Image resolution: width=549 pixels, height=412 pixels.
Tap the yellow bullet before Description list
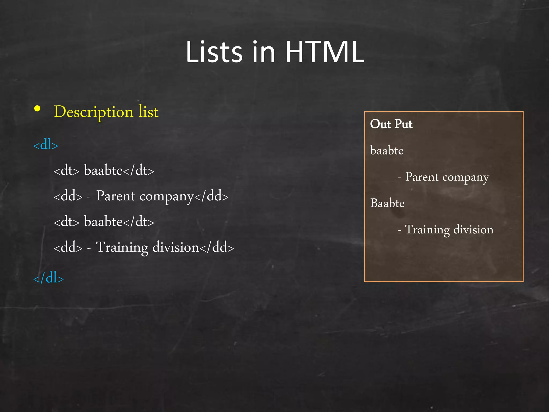point(37,109)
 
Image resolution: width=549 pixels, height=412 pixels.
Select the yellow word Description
point(94,112)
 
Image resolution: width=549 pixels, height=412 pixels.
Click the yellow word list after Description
point(148,111)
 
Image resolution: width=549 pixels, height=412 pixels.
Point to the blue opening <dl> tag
point(46,145)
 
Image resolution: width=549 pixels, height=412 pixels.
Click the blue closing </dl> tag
point(48,278)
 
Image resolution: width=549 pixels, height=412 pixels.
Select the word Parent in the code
point(116,196)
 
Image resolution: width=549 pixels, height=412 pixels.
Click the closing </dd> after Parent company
point(211,196)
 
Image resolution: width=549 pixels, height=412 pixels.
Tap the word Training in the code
point(122,247)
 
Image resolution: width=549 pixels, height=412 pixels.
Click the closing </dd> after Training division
point(217,247)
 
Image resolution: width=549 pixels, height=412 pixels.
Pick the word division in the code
point(176,247)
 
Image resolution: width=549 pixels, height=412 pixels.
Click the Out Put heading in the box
point(391,124)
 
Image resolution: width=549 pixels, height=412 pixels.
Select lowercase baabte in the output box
point(387,150)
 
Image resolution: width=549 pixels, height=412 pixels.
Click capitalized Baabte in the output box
point(387,203)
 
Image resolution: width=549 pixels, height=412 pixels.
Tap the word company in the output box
point(466,177)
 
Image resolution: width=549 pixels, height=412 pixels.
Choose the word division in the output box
point(473,230)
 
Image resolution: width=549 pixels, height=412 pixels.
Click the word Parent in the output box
point(422,177)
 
